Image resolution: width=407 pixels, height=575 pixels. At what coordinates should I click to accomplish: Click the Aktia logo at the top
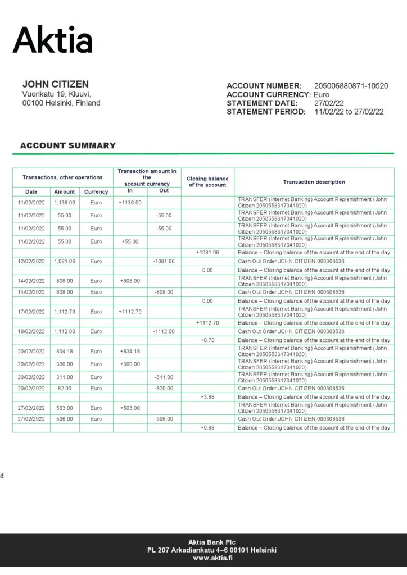click(x=52, y=40)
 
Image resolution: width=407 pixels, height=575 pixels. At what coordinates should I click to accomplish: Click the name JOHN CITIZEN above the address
click(x=55, y=84)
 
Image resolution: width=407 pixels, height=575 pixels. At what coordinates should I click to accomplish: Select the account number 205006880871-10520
click(x=351, y=86)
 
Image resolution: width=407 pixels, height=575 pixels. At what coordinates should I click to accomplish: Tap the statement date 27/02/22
click(x=329, y=103)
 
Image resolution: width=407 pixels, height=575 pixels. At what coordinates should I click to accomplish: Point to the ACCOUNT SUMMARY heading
click(x=67, y=145)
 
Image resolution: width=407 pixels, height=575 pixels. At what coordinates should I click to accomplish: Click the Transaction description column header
click(x=314, y=182)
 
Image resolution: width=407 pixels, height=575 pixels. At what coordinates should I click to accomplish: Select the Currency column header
click(x=96, y=192)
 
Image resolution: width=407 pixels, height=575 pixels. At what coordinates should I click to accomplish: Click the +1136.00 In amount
click(x=130, y=203)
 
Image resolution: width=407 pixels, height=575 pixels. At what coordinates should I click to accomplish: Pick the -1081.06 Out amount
click(x=164, y=261)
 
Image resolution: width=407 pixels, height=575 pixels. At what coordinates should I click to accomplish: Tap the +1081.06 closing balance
click(x=207, y=253)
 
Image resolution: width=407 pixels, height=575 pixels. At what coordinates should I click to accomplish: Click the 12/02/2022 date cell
click(x=31, y=261)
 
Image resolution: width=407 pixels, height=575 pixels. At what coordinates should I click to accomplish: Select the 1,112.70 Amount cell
click(x=65, y=312)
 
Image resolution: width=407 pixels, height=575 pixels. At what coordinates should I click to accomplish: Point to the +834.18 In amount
click(x=130, y=351)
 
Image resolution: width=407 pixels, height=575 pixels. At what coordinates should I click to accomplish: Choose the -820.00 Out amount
click(x=164, y=388)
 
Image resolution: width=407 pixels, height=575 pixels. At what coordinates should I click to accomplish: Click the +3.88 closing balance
click(x=207, y=397)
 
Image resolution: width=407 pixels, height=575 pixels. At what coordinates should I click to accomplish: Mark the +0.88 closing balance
click(x=207, y=428)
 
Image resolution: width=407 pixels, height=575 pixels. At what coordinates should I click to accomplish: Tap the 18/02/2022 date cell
click(x=31, y=331)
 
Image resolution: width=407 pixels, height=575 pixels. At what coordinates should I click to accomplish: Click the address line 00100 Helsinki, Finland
click(x=61, y=103)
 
